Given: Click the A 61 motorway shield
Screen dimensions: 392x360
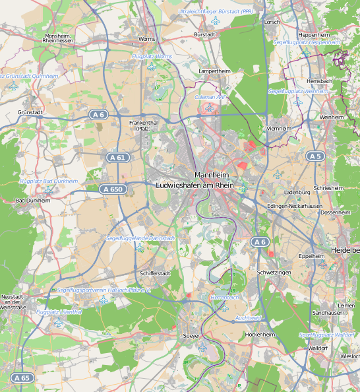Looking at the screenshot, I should click(x=117, y=157).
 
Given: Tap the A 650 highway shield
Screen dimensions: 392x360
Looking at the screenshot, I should click(x=113, y=189).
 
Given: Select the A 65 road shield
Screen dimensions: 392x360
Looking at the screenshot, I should click(x=21, y=378).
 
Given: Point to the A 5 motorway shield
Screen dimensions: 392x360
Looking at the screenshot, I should click(x=315, y=156).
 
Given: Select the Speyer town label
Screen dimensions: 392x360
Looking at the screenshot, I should click(x=191, y=336).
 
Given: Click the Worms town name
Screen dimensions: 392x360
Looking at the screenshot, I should click(x=147, y=40).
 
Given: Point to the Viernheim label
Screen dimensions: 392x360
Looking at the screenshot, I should click(x=280, y=128).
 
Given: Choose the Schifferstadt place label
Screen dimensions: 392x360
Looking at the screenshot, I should click(x=155, y=273).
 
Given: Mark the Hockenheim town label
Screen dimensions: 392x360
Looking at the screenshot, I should click(x=259, y=335).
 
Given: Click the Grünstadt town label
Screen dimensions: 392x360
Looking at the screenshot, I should click(x=30, y=113).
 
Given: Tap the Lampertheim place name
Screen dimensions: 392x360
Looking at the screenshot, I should click(x=213, y=69).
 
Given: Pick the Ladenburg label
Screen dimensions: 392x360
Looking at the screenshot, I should click(x=296, y=192).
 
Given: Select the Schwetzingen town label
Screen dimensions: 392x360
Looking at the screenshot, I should click(x=273, y=272).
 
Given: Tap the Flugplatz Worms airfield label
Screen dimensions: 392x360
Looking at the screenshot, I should click(x=152, y=57).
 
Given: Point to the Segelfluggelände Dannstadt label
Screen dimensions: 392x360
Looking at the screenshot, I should click(x=140, y=238).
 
